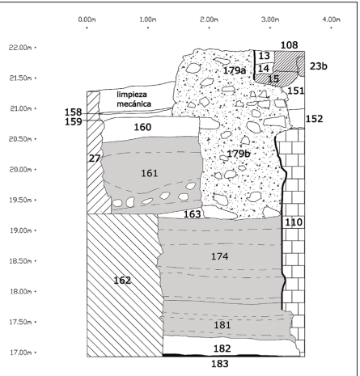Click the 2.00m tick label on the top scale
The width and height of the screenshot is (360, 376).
209,19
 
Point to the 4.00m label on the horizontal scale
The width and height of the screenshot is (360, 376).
331,19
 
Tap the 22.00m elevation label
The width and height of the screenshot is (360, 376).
20,48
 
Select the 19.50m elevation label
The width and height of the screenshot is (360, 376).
20,201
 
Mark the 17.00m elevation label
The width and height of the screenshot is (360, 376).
20,353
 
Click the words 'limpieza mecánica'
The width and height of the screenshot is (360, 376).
133,99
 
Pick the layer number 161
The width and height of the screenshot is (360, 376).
150,173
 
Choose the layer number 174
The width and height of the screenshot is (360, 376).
220,256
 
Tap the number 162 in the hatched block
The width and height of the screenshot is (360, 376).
122,281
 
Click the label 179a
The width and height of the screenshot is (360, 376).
235,70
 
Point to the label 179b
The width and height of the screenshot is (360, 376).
239,154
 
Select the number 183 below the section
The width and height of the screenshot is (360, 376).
220,364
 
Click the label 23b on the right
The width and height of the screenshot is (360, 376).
319,66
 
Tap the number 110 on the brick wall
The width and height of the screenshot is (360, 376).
294,222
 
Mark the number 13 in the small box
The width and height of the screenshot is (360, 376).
265,56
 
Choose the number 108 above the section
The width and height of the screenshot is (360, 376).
290,45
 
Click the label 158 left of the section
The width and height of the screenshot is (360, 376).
73,112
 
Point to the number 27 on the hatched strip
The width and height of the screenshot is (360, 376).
95,158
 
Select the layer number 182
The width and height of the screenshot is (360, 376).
222,349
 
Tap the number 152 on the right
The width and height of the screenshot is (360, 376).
314,119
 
